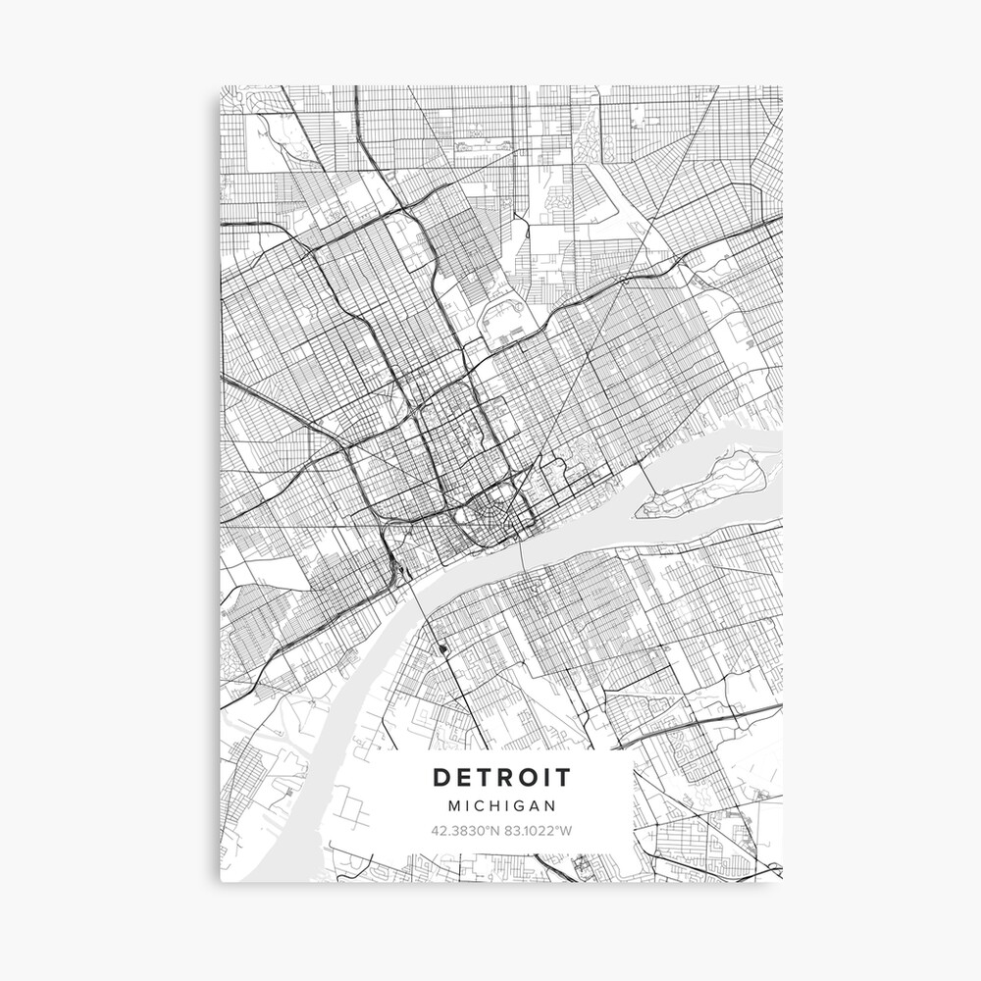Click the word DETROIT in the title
coord(501,778)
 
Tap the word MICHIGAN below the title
coord(501,805)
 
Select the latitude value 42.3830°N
coord(466,831)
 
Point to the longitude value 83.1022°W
coord(538,831)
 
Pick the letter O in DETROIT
coord(537,778)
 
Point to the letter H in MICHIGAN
coord(496,805)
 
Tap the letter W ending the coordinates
coord(566,831)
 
